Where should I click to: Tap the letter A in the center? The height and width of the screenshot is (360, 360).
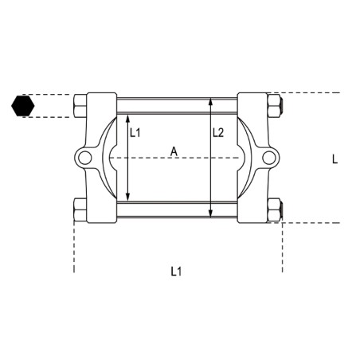pos(172,150)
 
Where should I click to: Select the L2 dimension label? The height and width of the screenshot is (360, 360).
pos(218,133)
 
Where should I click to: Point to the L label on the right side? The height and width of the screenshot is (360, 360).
pos(335,158)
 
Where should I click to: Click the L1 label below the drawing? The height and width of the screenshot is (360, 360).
pos(177,272)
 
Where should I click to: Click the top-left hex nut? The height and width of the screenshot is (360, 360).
pos(80,105)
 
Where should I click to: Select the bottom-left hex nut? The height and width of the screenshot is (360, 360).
pos(80,209)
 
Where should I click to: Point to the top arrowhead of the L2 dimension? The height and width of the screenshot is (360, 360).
pos(210,101)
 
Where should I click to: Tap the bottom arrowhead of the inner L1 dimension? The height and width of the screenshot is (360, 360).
pos(127,198)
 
